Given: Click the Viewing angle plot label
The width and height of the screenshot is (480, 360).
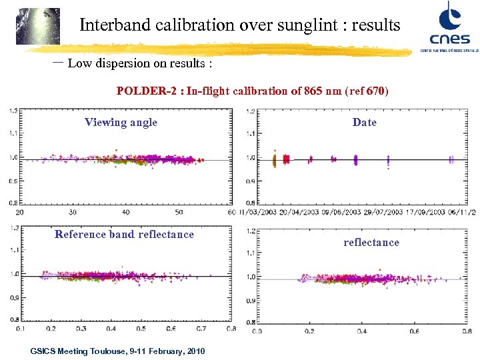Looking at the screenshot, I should click(x=121, y=122).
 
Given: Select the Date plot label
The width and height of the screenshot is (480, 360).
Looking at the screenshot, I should click(x=364, y=122).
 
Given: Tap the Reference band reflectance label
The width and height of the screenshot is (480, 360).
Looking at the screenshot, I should click(x=124, y=234).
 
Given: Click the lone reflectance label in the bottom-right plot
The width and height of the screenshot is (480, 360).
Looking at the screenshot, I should click(x=371, y=242).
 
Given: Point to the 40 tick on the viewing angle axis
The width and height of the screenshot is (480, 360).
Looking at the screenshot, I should click(x=126, y=212).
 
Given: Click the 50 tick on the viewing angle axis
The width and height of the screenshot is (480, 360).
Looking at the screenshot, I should click(x=179, y=212).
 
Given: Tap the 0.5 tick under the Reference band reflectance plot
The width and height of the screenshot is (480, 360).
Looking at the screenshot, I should click(x=141, y=328).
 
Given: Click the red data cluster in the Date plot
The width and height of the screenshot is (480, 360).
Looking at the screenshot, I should click(x=286, y=159).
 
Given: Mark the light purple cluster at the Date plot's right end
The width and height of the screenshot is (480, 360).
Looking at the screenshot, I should click(x=451, y=159).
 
